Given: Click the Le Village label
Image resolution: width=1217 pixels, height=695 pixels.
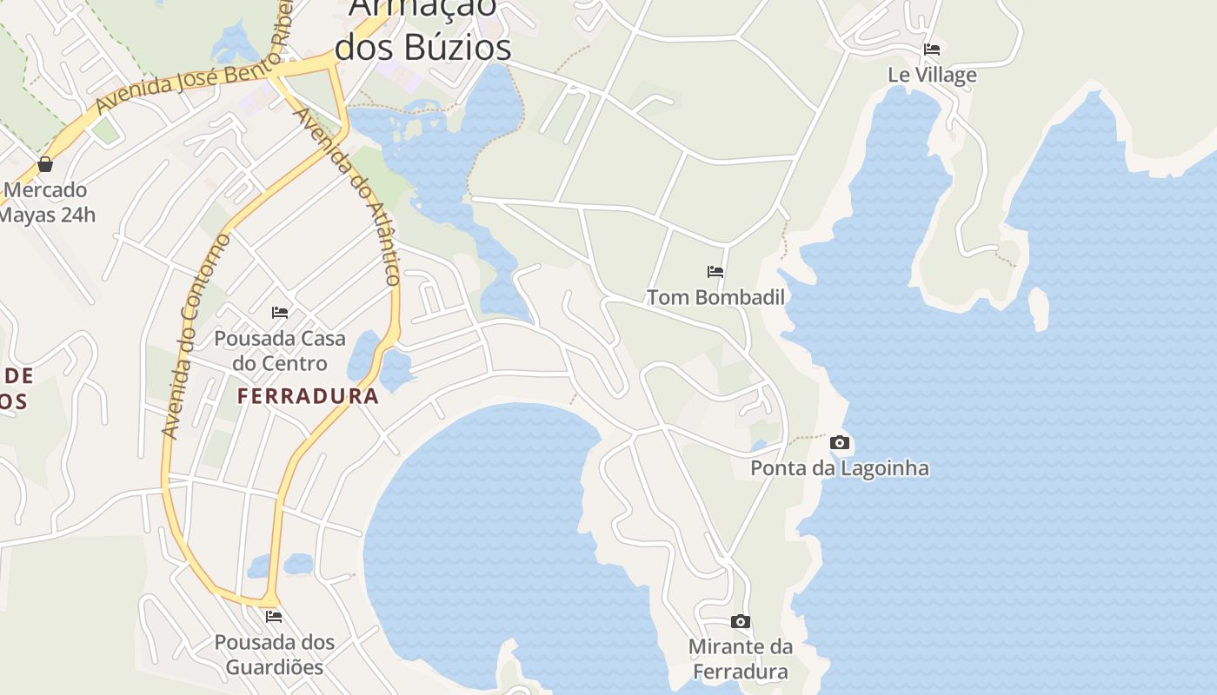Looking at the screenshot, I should click(932, 76).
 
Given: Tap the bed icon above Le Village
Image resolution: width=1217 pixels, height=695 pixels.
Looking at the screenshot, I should click(932, 49).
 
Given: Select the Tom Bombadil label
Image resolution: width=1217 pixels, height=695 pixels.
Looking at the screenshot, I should click(715, 297).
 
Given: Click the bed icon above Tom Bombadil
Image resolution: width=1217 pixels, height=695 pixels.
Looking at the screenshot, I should click(715, 272).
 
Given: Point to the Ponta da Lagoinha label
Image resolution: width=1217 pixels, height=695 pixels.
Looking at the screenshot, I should click(839, 468).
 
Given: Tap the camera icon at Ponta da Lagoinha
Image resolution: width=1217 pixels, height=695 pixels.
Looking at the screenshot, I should click(839, 443).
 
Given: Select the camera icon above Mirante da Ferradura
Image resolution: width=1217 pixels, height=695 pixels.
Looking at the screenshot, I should click(741, 622).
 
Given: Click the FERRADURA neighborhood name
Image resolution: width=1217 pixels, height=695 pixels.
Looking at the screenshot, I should click(309, 397).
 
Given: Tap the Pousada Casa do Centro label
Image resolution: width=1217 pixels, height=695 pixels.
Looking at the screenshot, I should click(280, 351).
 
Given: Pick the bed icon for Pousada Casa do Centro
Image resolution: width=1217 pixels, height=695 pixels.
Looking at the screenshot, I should click(280, 313).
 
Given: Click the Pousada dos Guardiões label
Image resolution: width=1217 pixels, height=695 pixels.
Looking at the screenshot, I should click(275, 655).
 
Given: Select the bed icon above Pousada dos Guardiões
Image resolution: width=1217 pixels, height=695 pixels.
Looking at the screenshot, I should click(275, 617).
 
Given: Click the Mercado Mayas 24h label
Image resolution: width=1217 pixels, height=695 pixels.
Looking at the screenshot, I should click(48, 202).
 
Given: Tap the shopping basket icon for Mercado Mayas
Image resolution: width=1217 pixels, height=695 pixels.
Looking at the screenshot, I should click(45, 164).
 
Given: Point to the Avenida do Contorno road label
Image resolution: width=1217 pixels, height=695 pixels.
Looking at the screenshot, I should click(196, 336).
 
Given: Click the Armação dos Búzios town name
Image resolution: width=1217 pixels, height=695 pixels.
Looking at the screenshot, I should click(423, 30).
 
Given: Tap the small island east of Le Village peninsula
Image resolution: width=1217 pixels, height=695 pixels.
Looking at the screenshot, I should click(1038, 308).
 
